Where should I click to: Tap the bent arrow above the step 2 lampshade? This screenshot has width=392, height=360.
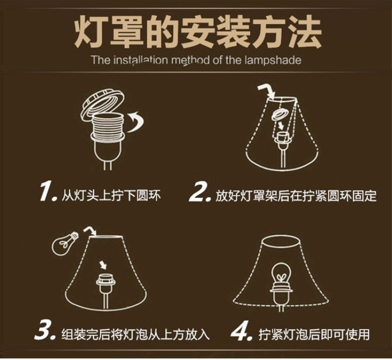point(266,91)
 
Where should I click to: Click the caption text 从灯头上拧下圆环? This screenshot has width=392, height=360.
point(111,195)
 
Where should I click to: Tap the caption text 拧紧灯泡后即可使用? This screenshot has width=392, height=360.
point(314,334)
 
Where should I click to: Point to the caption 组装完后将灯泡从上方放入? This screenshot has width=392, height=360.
point(136,334)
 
